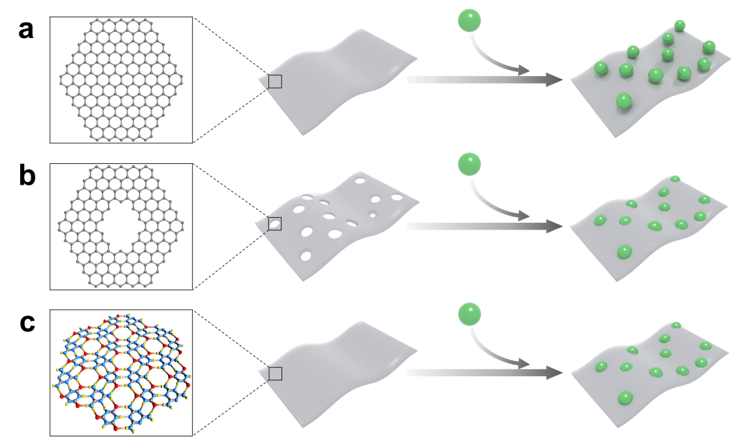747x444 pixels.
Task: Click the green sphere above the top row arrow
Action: [x=469, y=20]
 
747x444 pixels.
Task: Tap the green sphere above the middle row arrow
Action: [x=469, y=165]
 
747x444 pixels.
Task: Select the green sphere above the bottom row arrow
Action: [x=469, y=313]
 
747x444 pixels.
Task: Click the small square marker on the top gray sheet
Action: [x=275, y=82]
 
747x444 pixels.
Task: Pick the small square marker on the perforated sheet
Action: [x=275, y=223]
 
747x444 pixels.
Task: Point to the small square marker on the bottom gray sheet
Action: [x=275, y=373]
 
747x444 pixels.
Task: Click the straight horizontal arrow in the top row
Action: [x=484, y=80]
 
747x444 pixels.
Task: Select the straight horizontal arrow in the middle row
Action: [x=484, y=226]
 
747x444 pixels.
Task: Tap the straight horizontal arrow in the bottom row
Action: [x=484, y=373]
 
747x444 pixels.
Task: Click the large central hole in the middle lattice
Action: [x=121, y=226]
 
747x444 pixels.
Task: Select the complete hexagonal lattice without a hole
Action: [x=121, y=80]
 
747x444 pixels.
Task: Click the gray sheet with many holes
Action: [x=339, y=225]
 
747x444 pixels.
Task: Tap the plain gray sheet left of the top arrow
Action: [x=339, y=80]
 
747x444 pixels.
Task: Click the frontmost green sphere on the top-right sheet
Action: [x=625, y=102]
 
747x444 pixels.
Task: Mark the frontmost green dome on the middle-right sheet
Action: [x=625, y=252]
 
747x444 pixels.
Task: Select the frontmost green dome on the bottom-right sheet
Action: [x=625, y=398]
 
